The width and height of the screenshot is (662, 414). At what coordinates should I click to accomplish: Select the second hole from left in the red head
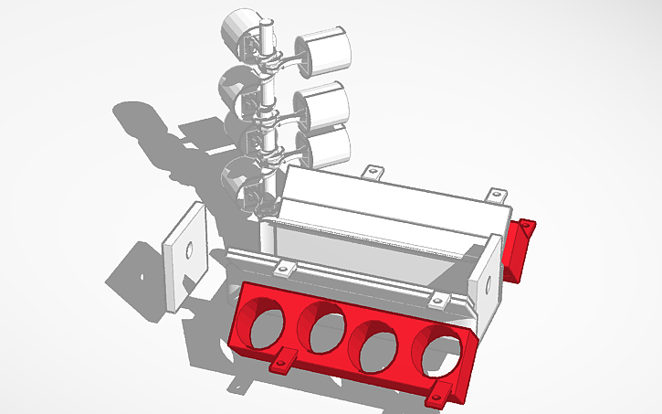tap(320, 330)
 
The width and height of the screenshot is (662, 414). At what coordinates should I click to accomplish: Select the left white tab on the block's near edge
tap(285, 269)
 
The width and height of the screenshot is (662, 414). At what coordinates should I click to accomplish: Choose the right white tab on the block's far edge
tap(497, 194)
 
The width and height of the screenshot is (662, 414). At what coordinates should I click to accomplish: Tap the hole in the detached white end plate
tap(189, 249)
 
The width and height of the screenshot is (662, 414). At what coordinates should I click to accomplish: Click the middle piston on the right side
tap(326, 105)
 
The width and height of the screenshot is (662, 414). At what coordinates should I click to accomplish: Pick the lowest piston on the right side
tap(330, 146)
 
